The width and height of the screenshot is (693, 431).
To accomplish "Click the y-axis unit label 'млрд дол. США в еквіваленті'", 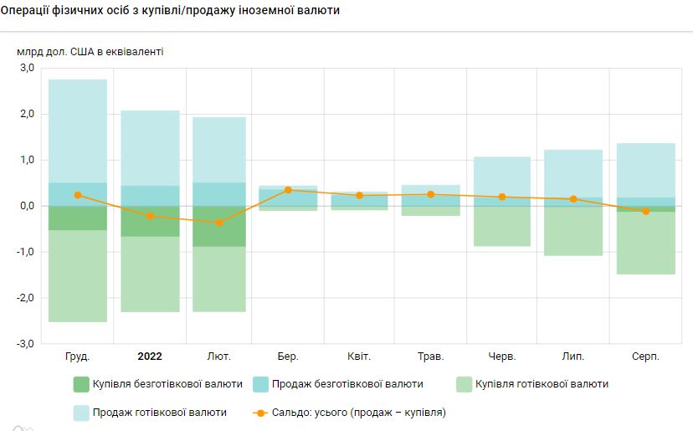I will point(90,51).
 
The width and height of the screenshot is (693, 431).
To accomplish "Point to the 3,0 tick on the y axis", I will point(25,68).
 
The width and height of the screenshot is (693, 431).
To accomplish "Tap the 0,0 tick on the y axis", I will point(25,206).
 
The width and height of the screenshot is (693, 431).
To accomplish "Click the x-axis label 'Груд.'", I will point(78,357).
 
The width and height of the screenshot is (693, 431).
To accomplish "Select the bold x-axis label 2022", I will point(149,357).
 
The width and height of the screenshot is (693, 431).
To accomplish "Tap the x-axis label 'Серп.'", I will point(645,357).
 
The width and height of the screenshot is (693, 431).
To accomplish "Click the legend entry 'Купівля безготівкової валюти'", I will point(158,384).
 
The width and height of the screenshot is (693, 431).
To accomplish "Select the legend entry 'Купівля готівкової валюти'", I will point(531,384).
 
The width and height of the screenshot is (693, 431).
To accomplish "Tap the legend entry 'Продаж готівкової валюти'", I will point(150,413).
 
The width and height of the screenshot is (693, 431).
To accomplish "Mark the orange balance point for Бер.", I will point(289,190).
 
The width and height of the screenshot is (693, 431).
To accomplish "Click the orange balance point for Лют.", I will point(219,223).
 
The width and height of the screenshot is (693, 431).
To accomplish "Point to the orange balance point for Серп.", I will point(645,211).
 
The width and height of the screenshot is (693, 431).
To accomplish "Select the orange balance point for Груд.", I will point(78,195).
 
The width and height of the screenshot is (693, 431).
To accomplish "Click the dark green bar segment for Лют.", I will point(219,226).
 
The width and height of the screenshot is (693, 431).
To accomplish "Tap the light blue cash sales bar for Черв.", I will point(502,177).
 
